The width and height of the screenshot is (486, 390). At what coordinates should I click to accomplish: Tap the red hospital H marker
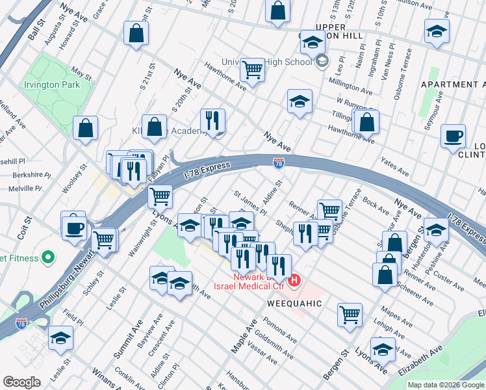click(x=294, y=281)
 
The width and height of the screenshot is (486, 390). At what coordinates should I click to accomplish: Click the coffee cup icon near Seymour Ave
click(x=453, y=136)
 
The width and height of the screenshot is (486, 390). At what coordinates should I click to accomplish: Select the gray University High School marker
click(x=321, y=62)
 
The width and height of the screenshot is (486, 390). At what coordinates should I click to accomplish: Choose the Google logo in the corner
click(x=21, y=382)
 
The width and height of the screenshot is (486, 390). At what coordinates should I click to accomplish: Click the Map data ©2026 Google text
click(x=446, y=385)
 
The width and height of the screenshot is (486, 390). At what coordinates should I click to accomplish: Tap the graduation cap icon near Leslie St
click(x=60, y=337)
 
